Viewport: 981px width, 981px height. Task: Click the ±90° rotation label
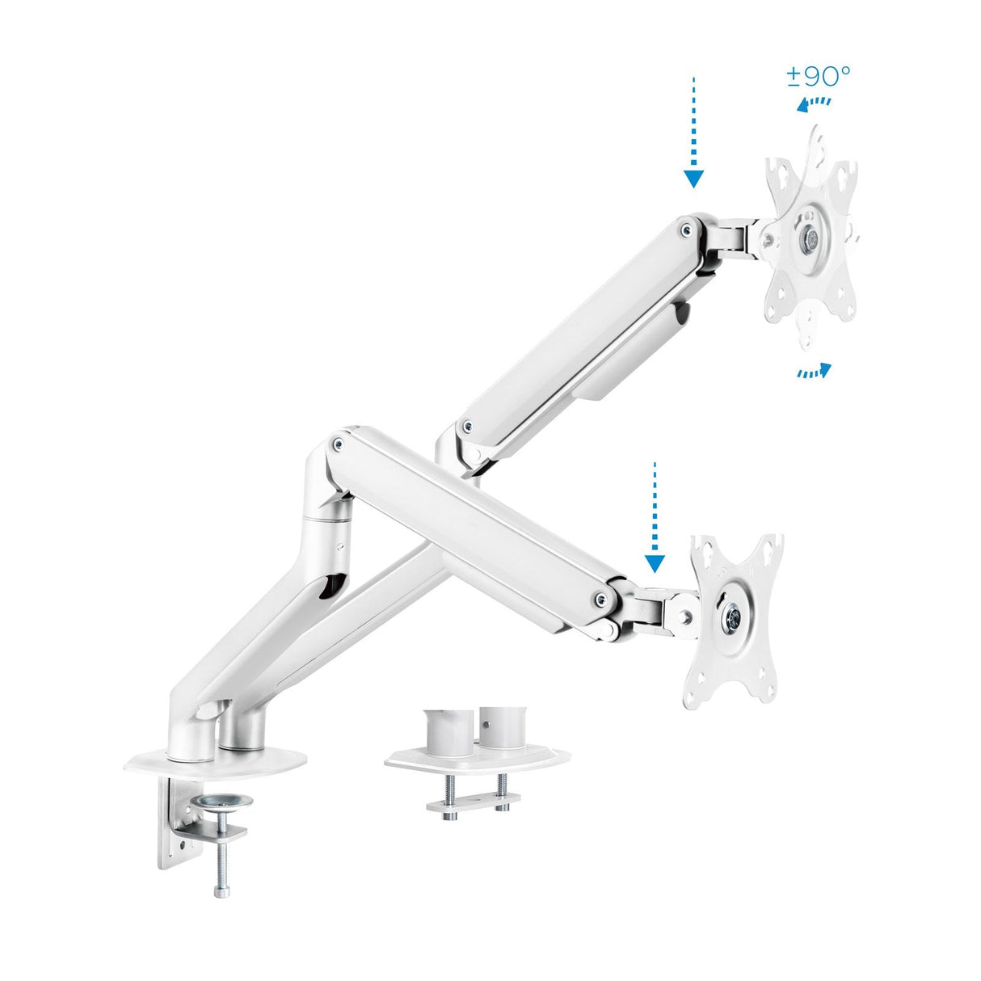coord(818,77)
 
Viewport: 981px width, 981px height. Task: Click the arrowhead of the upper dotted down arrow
coord(693,179)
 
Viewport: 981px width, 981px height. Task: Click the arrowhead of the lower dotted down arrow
coord(655,563)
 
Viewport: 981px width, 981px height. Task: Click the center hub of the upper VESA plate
coord(809,239)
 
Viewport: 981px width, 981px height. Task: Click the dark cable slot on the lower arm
coord(330,586)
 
